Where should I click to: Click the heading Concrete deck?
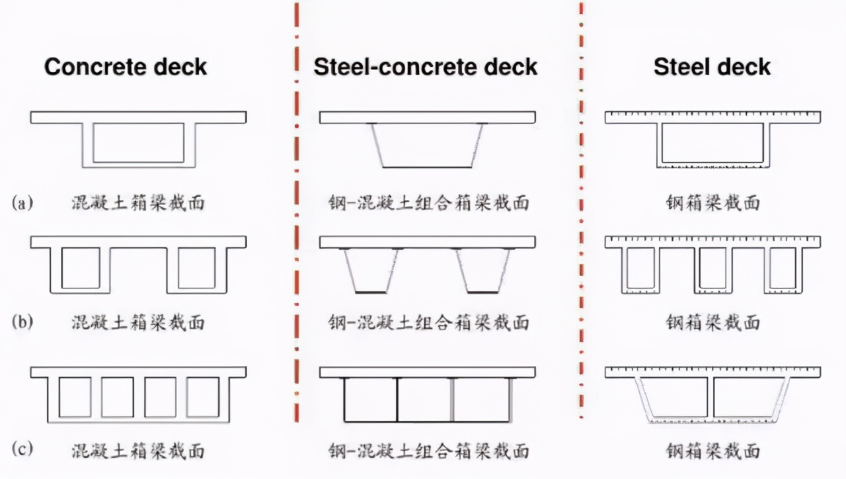click(126, 67)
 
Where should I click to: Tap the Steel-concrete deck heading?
click(426, 67)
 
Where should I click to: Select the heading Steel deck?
click(712, 67)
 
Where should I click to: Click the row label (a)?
click(22, 202)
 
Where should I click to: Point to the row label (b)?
click(22, 322)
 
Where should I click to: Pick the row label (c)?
click(22, 450)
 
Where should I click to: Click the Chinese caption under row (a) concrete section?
click(138, 202)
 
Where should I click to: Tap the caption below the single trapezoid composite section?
click(429, 202)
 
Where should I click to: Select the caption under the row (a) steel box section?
click(712, 202)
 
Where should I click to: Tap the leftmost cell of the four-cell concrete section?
click(74, 396)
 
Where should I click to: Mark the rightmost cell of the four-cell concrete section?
click(202, 396)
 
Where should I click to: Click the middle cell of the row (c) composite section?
click(424, 399)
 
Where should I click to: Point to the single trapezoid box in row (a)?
click(428, 145)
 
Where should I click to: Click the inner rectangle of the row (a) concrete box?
click(138, 142)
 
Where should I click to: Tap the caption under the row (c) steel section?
click(712, 451)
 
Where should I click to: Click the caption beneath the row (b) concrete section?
click(138, 322)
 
